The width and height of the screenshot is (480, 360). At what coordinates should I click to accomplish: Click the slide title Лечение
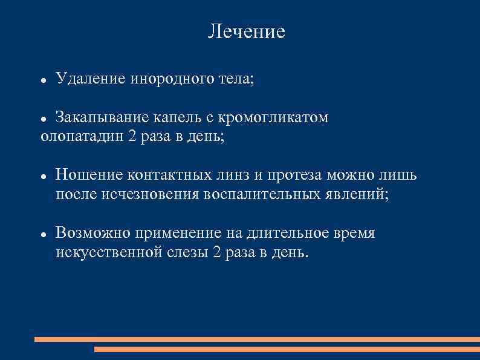click(x=246, y=31)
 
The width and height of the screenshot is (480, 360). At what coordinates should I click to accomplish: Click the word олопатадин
click(x=82, y=137)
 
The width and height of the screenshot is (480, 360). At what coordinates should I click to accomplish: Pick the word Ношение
click(x=89, y=175)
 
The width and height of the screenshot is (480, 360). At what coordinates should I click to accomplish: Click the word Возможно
click(x=93, y=234)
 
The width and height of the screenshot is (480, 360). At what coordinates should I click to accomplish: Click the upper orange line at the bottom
click(x=257, y=339)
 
